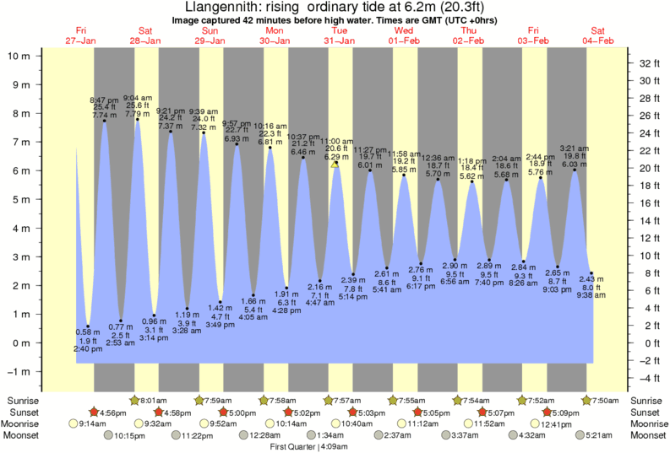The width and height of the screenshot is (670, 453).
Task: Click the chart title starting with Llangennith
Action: (335, 7)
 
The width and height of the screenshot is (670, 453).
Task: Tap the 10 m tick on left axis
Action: (19, 56)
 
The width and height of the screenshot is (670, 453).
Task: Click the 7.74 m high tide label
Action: (105, 115)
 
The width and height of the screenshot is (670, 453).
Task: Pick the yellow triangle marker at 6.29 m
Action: (335, 164)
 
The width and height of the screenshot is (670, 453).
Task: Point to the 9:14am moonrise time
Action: (80, 423)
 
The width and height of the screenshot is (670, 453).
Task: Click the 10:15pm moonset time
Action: (130, 435)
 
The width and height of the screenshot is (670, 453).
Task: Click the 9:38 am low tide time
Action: (591, 294)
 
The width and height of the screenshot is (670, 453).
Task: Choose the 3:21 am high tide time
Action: (575, 148)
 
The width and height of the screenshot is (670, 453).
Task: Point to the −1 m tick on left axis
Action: (19, 372)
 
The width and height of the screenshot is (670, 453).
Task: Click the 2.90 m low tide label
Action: (455, 265)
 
